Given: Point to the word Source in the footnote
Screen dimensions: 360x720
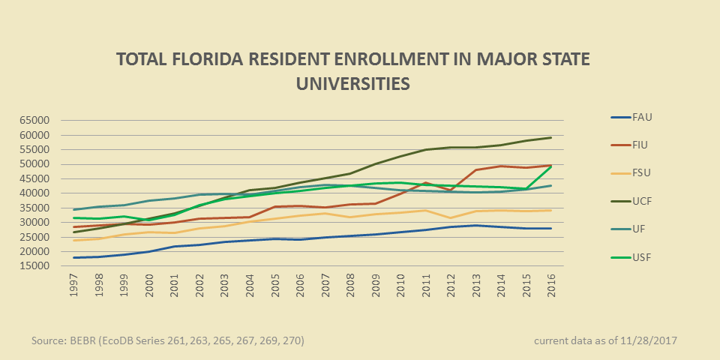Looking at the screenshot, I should pyautogui.click(x=49, y=340).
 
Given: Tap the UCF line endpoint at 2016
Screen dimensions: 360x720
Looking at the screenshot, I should pyautogui.click(x=552, y=137).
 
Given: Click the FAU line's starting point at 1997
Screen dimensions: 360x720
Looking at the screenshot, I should pyautogui.click(x=73, y=257).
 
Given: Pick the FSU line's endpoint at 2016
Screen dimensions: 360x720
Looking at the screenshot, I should pyautogui.click(x=552, y=210).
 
